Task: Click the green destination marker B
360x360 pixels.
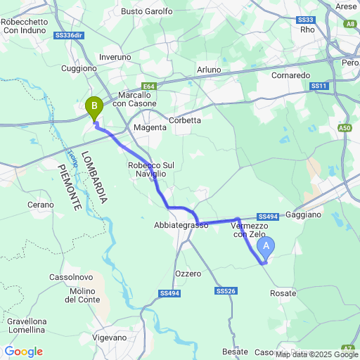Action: (x=93, y=108)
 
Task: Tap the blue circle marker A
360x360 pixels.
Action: (x=266, y=245)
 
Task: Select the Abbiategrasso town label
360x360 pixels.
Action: (x=181, y=225)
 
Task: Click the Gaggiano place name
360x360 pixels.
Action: (x=304, y=213)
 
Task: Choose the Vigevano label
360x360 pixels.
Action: (x=128, y=337)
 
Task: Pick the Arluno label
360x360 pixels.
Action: (x=208, y=70)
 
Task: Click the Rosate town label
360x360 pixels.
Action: (x=283, y=292)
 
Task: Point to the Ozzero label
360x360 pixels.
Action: (x=187, y=273)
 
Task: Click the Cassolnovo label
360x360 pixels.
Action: (x=68, y=277)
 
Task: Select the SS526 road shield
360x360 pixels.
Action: (x=225, y=290)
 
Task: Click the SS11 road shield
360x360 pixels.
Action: (x=319, y=86)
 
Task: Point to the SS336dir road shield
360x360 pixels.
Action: (x=68, y=34)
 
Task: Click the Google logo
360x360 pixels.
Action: (x=24, y=352)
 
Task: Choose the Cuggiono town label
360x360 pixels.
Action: (x=79, y=68)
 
